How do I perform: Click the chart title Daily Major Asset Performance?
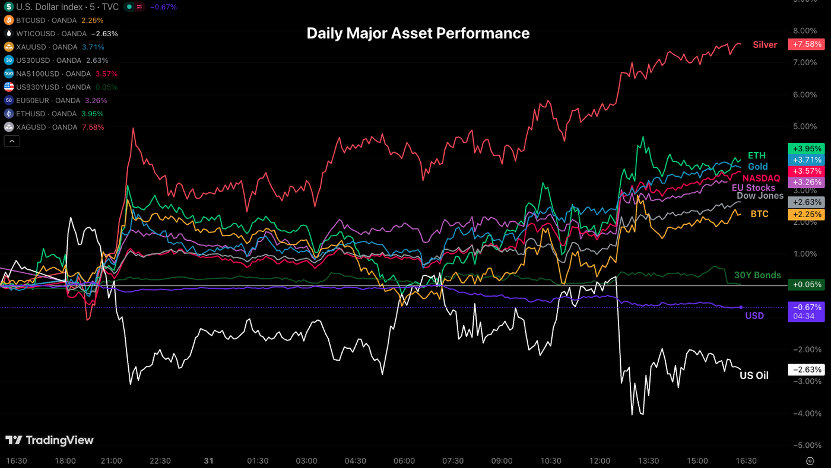click(x=418, y=33)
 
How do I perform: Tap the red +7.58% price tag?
click(x=805, y=44)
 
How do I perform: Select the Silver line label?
click(x=765, y=44)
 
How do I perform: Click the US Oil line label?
click(x=754, y=375)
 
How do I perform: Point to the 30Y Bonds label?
click(x=757, y=275)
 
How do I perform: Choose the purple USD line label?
click(x=754, y=316)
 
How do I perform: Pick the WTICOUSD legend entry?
click(x=59, y=34)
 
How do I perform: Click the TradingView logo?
click(x=50, y=440)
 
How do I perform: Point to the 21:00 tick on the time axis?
click(x=112, y=461)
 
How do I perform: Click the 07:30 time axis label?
click(x=453, y=461)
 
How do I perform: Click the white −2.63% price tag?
click(x=805, y=370)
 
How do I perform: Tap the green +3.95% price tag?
click(x=805, y=148)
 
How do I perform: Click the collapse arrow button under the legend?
click(x=12, y=141)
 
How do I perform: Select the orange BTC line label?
click(x=759, y=214)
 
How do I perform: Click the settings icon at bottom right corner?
click(x=810, y=461)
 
